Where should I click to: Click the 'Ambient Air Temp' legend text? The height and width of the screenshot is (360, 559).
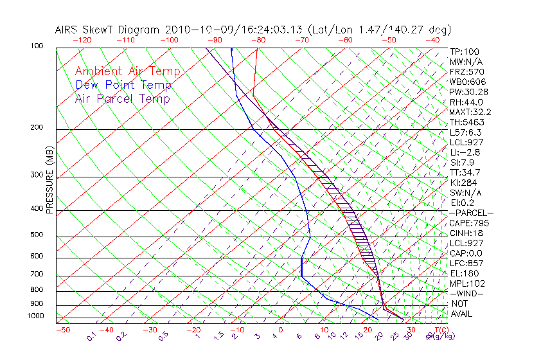pos(127,71)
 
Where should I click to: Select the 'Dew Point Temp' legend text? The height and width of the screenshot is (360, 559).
pos(123,85)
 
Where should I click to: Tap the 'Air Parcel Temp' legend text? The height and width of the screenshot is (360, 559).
pos(122,98)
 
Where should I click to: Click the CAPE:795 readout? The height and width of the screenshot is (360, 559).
pos(469,223)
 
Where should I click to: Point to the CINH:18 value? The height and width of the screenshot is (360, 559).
pos(466,233)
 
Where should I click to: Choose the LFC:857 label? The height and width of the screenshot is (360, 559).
pos(466,263)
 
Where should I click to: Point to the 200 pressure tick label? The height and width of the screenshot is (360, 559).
pos(36,127)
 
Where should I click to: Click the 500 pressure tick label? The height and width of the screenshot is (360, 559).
pos(36,235)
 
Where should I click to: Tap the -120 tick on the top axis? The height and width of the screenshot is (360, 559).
pos(82,39)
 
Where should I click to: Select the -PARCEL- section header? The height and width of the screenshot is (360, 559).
pos(471,213)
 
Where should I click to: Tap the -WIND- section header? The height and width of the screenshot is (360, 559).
pos(466,293)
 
